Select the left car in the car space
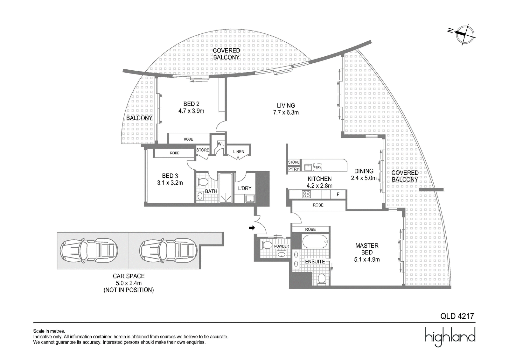click(89, 251)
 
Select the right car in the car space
click(168, 251)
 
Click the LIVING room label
click(286, 106)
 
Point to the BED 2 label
click(191, 104)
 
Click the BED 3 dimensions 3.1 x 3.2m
click(170, 183)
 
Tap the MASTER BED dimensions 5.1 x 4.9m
click(367, 259)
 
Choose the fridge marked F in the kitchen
click(338, 194)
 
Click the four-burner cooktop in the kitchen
click(306, 194)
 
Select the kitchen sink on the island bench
click(308, 167)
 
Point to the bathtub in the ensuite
click(315, 242)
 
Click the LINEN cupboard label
click(239, 152)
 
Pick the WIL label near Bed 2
click(221, 144)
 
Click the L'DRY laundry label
click(245, 188)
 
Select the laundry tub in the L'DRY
click(250, 199)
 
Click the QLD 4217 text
click(457, 316)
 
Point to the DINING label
click(364, 171)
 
